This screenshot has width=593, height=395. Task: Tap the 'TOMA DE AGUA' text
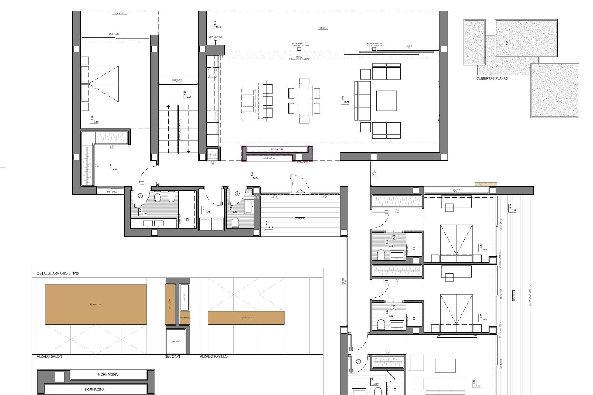tap(215, 37)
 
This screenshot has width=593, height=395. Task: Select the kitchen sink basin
tap(212, 73)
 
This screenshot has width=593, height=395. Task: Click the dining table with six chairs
tap(304, 101)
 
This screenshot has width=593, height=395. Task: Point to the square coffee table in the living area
tap(386, 101)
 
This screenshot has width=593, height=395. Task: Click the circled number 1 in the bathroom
tap(141, 196)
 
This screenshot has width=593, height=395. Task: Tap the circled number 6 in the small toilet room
tap(237, 194)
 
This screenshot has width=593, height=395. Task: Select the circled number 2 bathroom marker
tap(394, 238)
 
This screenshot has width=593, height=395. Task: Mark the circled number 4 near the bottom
tap(358, 362)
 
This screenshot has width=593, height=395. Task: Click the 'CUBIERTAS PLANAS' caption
tap(492, 78)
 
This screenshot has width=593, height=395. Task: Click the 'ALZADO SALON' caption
tap(49, 356)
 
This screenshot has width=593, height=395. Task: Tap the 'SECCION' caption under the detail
tap(172, 356)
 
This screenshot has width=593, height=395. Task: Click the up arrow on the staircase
tap(168, 106)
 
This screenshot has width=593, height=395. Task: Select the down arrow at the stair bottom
tap(188, 151)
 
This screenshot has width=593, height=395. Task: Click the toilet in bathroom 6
tap(235, 223)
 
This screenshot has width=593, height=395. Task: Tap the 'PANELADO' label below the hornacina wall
tap(302, 162)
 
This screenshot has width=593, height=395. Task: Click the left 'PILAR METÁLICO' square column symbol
tap(299, 49)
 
